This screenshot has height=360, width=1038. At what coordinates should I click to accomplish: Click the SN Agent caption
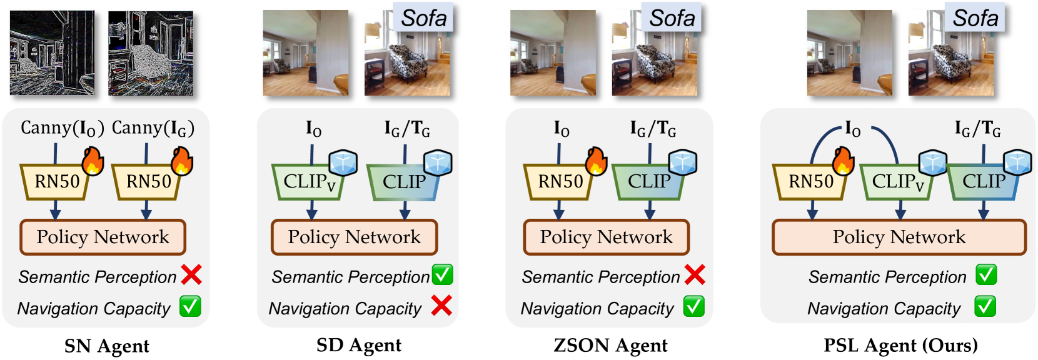[106, 346]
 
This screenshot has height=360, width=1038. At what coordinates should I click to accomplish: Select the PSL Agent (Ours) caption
[900, 345]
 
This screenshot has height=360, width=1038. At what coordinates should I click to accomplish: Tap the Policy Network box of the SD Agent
[354, 237]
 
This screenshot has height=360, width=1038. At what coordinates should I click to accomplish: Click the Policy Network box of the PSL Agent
[899, 237]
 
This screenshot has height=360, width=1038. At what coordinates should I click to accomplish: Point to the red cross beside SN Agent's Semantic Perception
[191, 275]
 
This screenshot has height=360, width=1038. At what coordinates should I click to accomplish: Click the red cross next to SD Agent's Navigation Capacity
[441, 306]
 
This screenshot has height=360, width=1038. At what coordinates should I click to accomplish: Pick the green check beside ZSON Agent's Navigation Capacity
[693, 306]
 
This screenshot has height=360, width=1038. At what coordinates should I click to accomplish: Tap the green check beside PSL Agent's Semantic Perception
[986, 275]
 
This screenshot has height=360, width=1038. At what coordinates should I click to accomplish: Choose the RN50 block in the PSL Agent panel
[810, 182]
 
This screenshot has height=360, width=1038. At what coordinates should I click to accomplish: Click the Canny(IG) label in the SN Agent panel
[153, 128]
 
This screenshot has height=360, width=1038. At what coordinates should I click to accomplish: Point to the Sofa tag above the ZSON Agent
[672, 18]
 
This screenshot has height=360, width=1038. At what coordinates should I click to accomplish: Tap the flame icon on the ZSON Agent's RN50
[596, 161]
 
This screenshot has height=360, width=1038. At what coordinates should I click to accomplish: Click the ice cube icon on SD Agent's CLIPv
[343, 162]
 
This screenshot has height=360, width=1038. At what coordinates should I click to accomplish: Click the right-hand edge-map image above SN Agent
[151, 54]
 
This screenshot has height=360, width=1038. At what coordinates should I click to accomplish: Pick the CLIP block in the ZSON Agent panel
[648, 182]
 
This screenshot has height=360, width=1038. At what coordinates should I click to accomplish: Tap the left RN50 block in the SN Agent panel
[56, 182]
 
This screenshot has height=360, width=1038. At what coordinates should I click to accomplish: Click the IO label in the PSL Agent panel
[853, 129]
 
